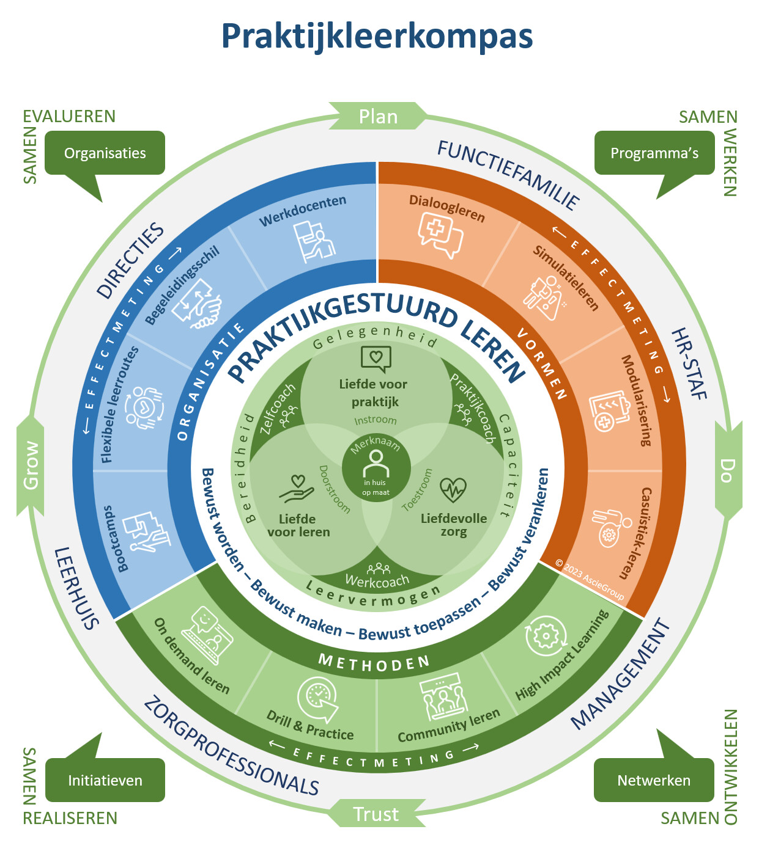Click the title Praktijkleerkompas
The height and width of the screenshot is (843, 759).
377,36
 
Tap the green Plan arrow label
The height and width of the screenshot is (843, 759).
378,116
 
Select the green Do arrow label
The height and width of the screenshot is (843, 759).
727,470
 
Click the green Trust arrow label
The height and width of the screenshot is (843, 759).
376,814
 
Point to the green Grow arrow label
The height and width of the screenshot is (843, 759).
31,465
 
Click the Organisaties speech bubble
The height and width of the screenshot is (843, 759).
105,153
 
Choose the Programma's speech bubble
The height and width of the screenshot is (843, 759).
654,153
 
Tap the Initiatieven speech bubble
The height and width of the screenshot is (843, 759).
105,780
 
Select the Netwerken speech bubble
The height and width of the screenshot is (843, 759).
653,780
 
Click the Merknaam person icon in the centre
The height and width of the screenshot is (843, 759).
376,464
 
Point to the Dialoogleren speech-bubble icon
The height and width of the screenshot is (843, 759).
439,235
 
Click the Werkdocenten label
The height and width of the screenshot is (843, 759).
303,210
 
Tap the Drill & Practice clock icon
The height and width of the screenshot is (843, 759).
318,698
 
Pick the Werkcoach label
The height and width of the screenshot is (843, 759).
377,581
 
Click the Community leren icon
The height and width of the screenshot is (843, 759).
443,697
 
